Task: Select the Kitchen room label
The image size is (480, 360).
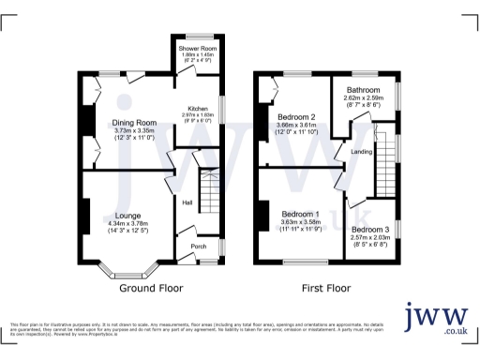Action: coord(197,108)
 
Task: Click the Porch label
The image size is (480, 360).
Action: coord(198,247)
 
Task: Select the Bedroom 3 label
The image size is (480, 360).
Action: coord(369,230)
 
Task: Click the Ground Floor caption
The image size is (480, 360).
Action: coord(151,288)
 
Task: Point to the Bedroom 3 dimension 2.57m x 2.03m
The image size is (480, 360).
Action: coord(369,238)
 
